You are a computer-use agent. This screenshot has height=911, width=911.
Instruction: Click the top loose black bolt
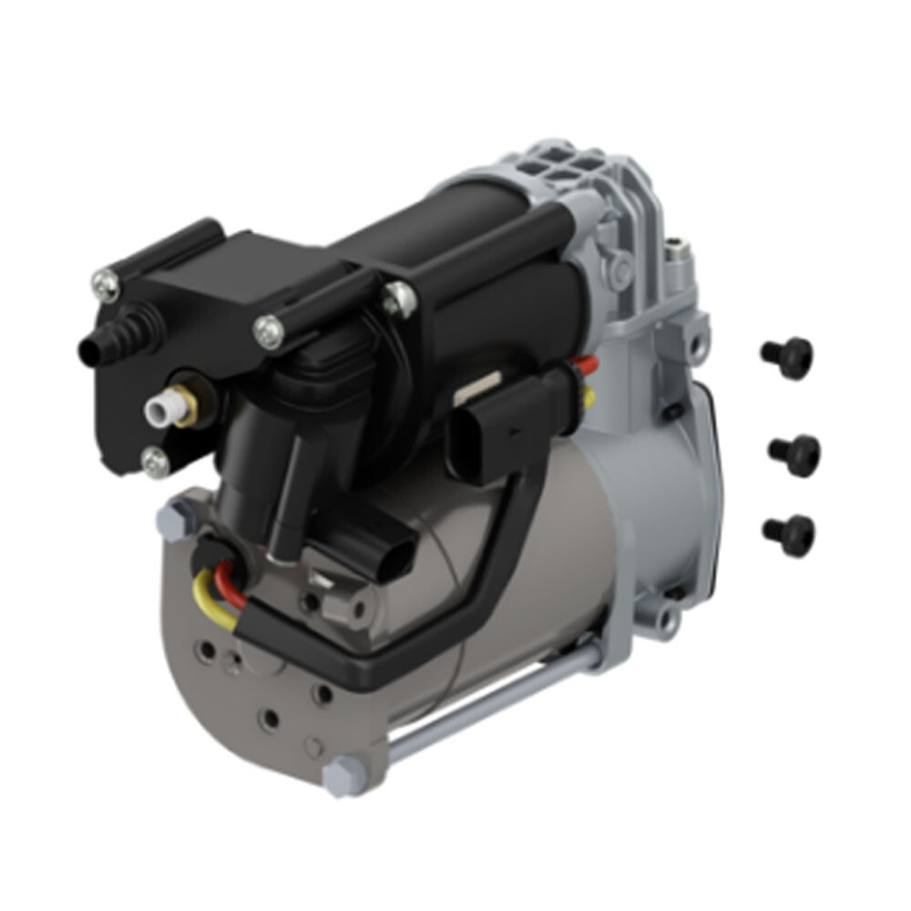point(786,357)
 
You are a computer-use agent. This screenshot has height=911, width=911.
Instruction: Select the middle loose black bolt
point(793,454)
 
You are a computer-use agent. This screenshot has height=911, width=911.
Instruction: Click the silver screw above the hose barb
point(107,287)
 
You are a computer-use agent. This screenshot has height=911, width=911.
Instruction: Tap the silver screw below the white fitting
point(156,462)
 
